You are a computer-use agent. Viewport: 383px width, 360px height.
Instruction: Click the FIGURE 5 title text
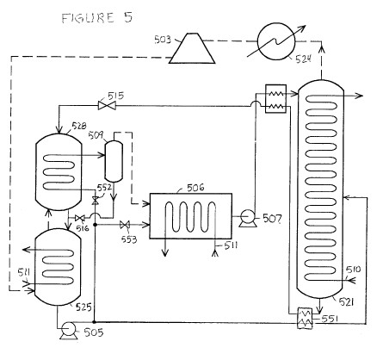coord(97,18)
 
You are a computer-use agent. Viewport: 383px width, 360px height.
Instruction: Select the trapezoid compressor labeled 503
coord(192,48)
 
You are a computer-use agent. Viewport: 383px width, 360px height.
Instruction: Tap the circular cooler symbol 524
coord(276,41)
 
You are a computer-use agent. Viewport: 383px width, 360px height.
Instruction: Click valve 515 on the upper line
coord(107,106)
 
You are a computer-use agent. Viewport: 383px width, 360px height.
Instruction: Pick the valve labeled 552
coord(95,201)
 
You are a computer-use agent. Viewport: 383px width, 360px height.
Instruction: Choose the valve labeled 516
coord(79,219)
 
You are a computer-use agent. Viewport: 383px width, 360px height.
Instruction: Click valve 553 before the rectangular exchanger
coord(125,225)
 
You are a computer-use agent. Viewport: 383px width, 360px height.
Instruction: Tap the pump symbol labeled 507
coord(247,218)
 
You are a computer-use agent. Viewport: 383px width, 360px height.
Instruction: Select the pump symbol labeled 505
coord(68,331)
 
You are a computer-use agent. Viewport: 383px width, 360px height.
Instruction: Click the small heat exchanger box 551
coord(305,318)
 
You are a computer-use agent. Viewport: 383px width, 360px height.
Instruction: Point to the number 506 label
coord(195,188)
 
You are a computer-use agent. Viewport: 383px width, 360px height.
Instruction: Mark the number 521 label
coord(346,301)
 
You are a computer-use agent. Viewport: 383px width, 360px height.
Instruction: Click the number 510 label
coord(353,270)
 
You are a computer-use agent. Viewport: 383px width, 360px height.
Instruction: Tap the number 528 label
coord(79,126)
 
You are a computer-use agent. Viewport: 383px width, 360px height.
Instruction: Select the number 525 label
coord(83,307)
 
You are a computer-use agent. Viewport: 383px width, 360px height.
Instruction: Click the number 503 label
coord(163,40)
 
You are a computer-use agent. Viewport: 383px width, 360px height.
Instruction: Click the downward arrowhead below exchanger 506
coord(165,252)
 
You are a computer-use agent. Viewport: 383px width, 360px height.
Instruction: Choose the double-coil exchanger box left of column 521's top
coord(275,98)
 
